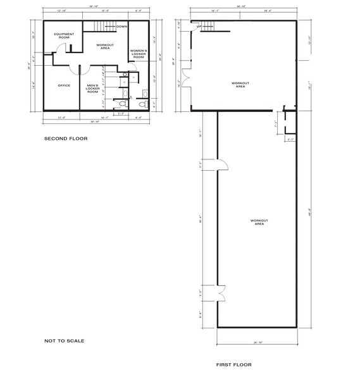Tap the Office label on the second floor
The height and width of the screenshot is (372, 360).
click(63, 85)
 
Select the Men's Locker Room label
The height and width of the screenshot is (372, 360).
click(92, 89)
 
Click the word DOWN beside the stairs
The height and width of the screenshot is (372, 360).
click(122, 27)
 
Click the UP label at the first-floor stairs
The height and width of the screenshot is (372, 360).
click(199, 27)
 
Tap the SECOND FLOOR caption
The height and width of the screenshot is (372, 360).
click(65, 138)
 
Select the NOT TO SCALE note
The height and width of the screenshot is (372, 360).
click(64, 341)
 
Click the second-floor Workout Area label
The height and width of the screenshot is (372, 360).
click(105, 46)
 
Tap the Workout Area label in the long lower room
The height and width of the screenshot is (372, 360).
click(259, 222)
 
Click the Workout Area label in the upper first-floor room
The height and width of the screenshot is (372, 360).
click(240, 85)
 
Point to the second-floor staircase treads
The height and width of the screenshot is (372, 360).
click(104, 26)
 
